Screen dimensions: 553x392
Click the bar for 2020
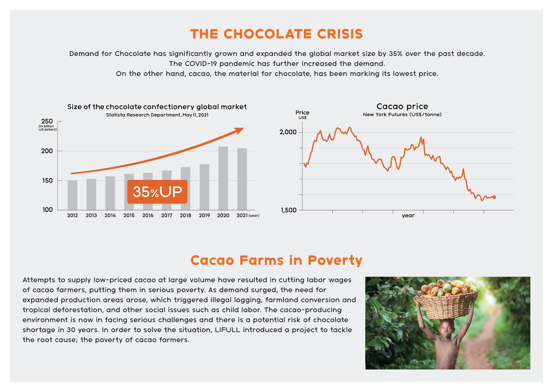[x=223, y=178]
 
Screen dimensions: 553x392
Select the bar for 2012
[x=72, y=195]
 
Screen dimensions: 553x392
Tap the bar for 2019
[x=204, y=187]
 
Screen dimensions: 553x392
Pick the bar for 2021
[x=242, y=179]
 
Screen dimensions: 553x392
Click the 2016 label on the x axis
[x=148, y=216]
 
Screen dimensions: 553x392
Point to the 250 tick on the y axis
[x=47, y=121]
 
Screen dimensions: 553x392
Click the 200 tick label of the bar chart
[x=47, y=151]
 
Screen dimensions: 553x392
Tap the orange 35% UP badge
[x=157, y=192]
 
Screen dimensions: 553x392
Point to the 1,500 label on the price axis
[x=289, y=210]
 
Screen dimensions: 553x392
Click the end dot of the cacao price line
[x=494, y=197]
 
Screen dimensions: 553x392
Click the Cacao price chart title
[x=402, y=106]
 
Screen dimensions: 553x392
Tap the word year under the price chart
[x=408, y=216]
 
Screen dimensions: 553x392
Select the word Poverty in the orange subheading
[x=335, y=261]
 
